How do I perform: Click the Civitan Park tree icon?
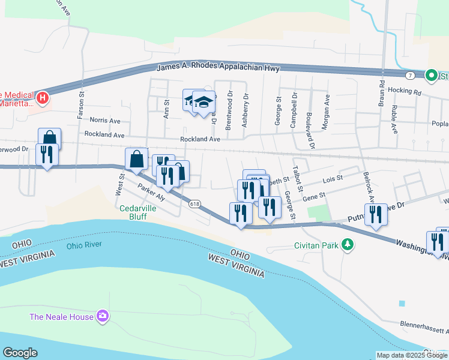[x=347, y=245]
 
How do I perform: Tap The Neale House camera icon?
[x=103, y=316]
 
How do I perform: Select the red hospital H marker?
[x=42, y=97]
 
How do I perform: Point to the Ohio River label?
[x=84, y=245]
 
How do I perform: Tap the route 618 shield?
[x=194, y=204]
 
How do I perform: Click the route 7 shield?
[x=409, y=75]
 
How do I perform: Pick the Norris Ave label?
[x=105, y=121]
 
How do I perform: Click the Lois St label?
[x=332, y=178]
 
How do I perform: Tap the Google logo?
[x=20, y=353]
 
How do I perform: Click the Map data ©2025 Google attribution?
[x=411, y=355]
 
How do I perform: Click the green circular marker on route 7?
[x=431, y=76]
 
